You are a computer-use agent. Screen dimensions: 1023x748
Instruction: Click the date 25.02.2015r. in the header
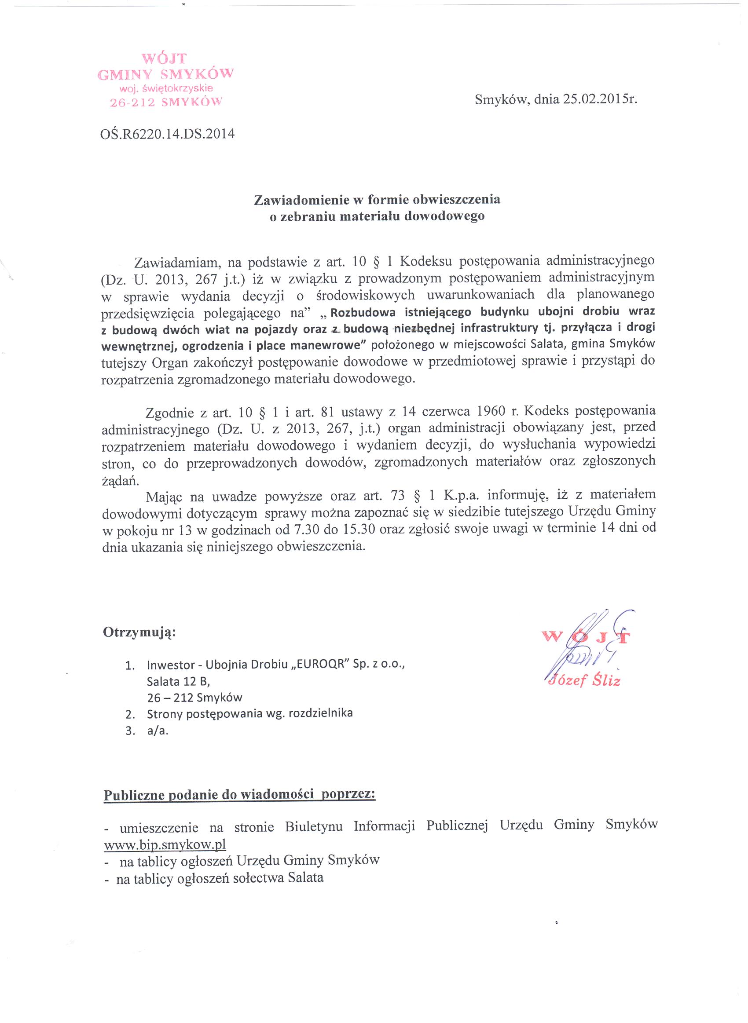click(x=600, y=99)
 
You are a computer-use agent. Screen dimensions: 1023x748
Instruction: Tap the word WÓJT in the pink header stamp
click(x=165, y=58)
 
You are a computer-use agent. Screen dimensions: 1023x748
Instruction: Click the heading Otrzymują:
click(x=139, y=632)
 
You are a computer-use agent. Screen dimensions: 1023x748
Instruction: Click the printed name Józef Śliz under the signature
click(x=583, y=681)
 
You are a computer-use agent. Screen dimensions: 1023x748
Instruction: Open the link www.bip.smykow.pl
click(x=165, y=845)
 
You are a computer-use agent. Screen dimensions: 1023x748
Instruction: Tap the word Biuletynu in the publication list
click(x=314, y=826)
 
